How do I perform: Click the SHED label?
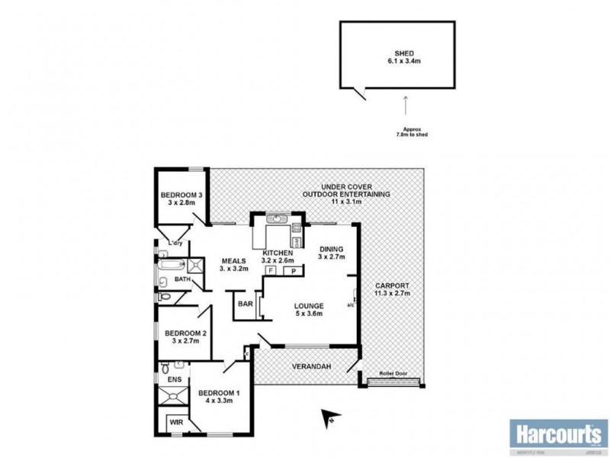click(x=400, y=53)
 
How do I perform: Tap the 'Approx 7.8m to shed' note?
click(x=405, y=131)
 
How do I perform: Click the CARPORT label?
click(x=392, y=289)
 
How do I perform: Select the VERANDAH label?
click(x=307, y=367)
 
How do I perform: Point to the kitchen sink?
click(x=278, y=219)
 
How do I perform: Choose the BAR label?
click(x=245, y=303)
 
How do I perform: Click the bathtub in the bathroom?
click(x=169, y=266)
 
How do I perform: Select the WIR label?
click(x=175, y=421)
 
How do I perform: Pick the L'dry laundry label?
click(x=176, y=244)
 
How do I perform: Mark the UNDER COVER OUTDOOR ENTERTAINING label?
click(x=345, y=190)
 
